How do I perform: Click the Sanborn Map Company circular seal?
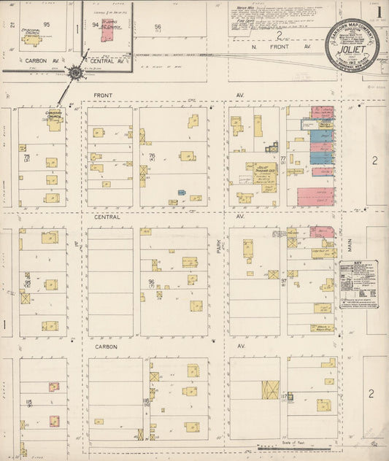click(353, 46)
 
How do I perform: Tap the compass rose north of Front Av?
click(74, 72)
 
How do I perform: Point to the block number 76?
click(152, 155)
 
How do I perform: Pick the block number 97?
click(284, 281)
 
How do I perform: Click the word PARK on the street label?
click(218, 248)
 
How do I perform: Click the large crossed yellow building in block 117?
click(271, 390)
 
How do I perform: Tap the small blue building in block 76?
click(182, 193)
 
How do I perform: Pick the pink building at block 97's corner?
click(321, 232)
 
